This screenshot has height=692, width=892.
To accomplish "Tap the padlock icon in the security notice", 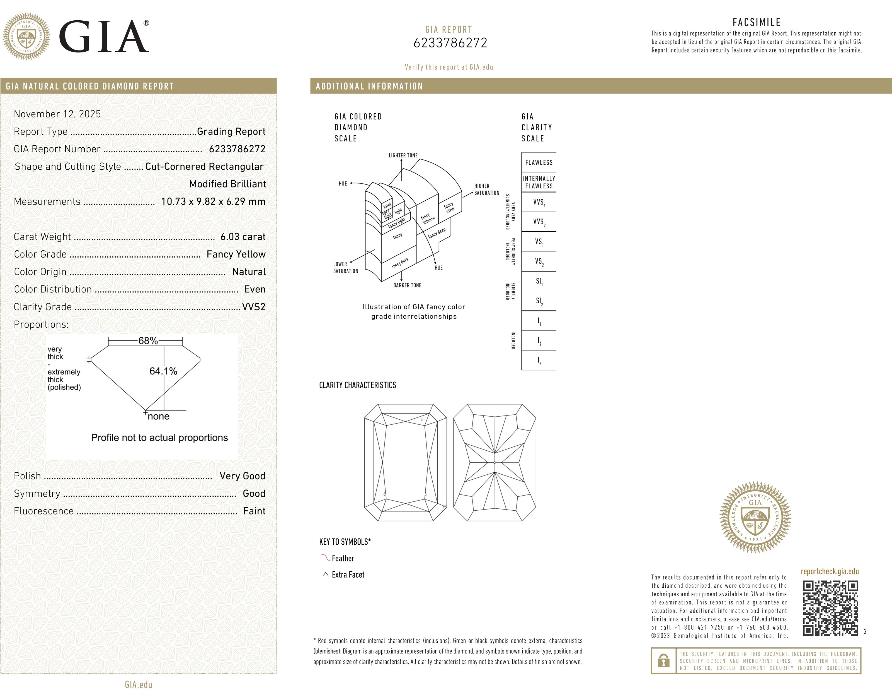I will click(664, 661).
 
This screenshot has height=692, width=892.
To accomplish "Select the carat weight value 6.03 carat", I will click(243, 237).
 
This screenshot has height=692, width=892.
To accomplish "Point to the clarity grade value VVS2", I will click(254, 307).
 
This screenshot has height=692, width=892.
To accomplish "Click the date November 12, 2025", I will click(57, 114).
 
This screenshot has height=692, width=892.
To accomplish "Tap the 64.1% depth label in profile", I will click(163, 371).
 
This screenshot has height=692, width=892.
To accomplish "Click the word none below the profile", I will click(158, 417).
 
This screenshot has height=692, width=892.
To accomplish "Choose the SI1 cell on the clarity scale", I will click(539, 281).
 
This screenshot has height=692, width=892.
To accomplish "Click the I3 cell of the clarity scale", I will click(539, 361).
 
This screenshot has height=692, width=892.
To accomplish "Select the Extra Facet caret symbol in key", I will click(326, 574).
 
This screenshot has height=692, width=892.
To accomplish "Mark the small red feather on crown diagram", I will click(422, 419).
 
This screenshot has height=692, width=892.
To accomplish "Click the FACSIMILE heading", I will click(757, 23).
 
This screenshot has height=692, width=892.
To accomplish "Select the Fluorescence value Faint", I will click(254, 511).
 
